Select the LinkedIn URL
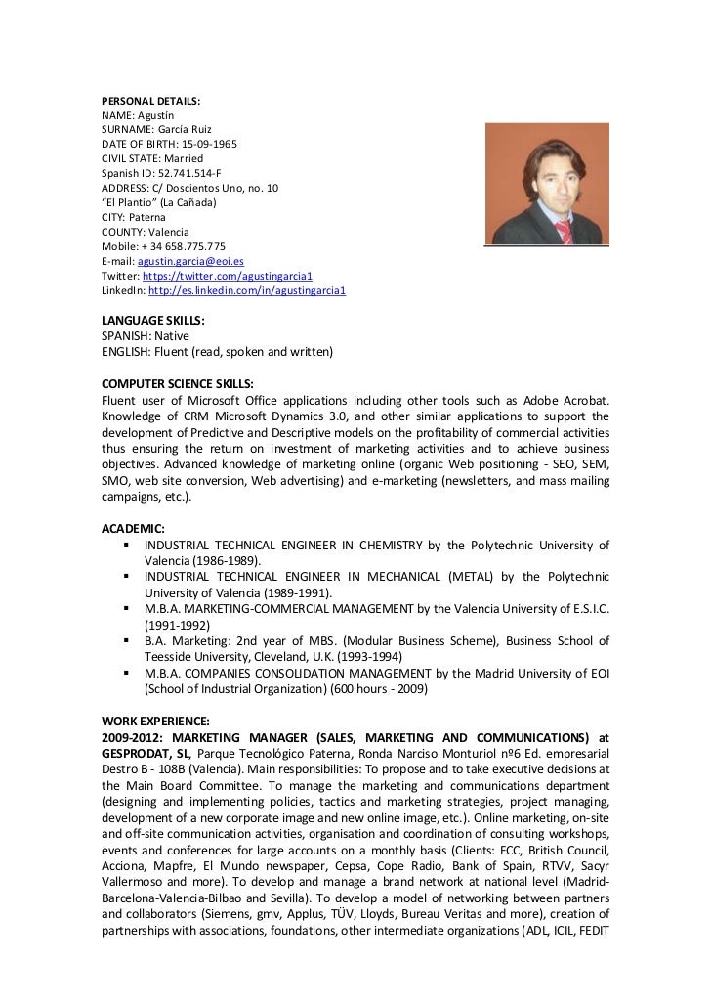point(247,291)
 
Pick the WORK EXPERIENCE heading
point(156,721)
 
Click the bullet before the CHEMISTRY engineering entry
point(128,545)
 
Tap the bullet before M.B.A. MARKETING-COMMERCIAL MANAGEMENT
point(128,609)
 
